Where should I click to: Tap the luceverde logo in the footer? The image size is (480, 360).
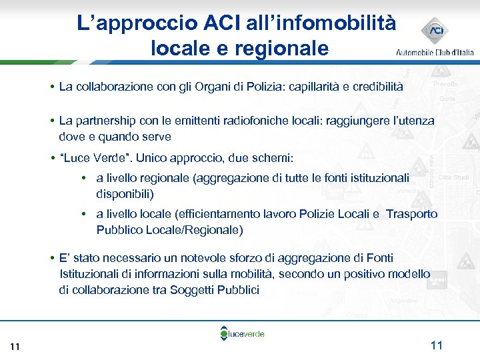pos(244,333)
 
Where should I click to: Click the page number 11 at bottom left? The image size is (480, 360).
pos(16,346)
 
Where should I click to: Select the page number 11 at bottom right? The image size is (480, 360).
pos(437,345)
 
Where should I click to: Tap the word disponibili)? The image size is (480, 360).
pos(125,194)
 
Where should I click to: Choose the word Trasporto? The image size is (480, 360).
pos(412,214)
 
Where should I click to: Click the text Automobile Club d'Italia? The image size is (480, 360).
pos(435,52)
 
